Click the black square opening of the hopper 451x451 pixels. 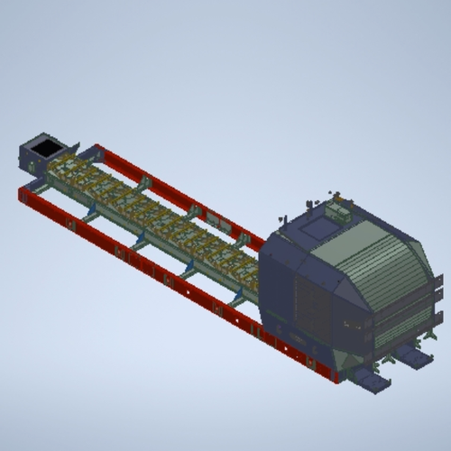41,145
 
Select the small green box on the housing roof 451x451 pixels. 339,211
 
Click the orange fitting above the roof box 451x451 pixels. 336,195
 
